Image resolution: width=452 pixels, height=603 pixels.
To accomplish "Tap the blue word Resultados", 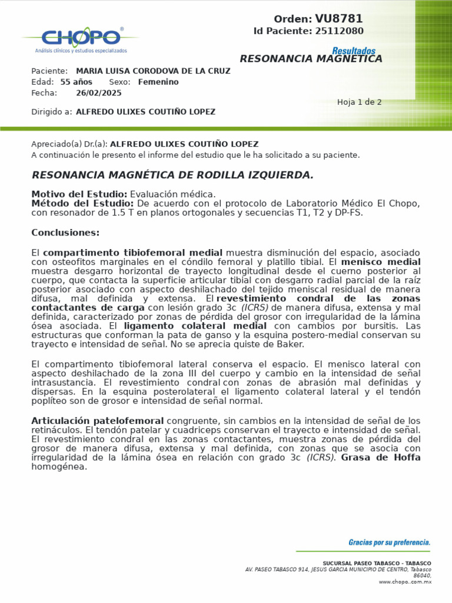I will click(353, 51).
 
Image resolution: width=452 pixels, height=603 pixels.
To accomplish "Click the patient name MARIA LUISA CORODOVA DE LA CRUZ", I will click(153, 71).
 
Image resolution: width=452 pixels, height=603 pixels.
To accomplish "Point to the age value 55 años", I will click(77, 82).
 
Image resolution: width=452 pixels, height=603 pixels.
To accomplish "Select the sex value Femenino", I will click(158, 82).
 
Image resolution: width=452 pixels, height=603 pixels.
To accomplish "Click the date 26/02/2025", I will click(99, 93).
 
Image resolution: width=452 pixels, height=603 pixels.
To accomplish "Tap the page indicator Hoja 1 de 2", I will click(359, 102).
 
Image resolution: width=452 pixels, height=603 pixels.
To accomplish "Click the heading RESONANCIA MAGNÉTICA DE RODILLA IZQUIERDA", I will click(172, 175).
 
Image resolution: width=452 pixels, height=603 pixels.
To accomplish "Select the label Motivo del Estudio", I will click(79, 194).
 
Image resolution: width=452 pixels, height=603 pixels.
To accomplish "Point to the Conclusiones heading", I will click(65, 233).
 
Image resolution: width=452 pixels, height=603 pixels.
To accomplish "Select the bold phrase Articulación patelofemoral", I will click(97, 420).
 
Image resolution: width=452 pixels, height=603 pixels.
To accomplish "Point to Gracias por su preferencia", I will click(389, 542).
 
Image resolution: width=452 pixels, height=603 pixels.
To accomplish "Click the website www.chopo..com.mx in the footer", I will click(405, 582).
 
